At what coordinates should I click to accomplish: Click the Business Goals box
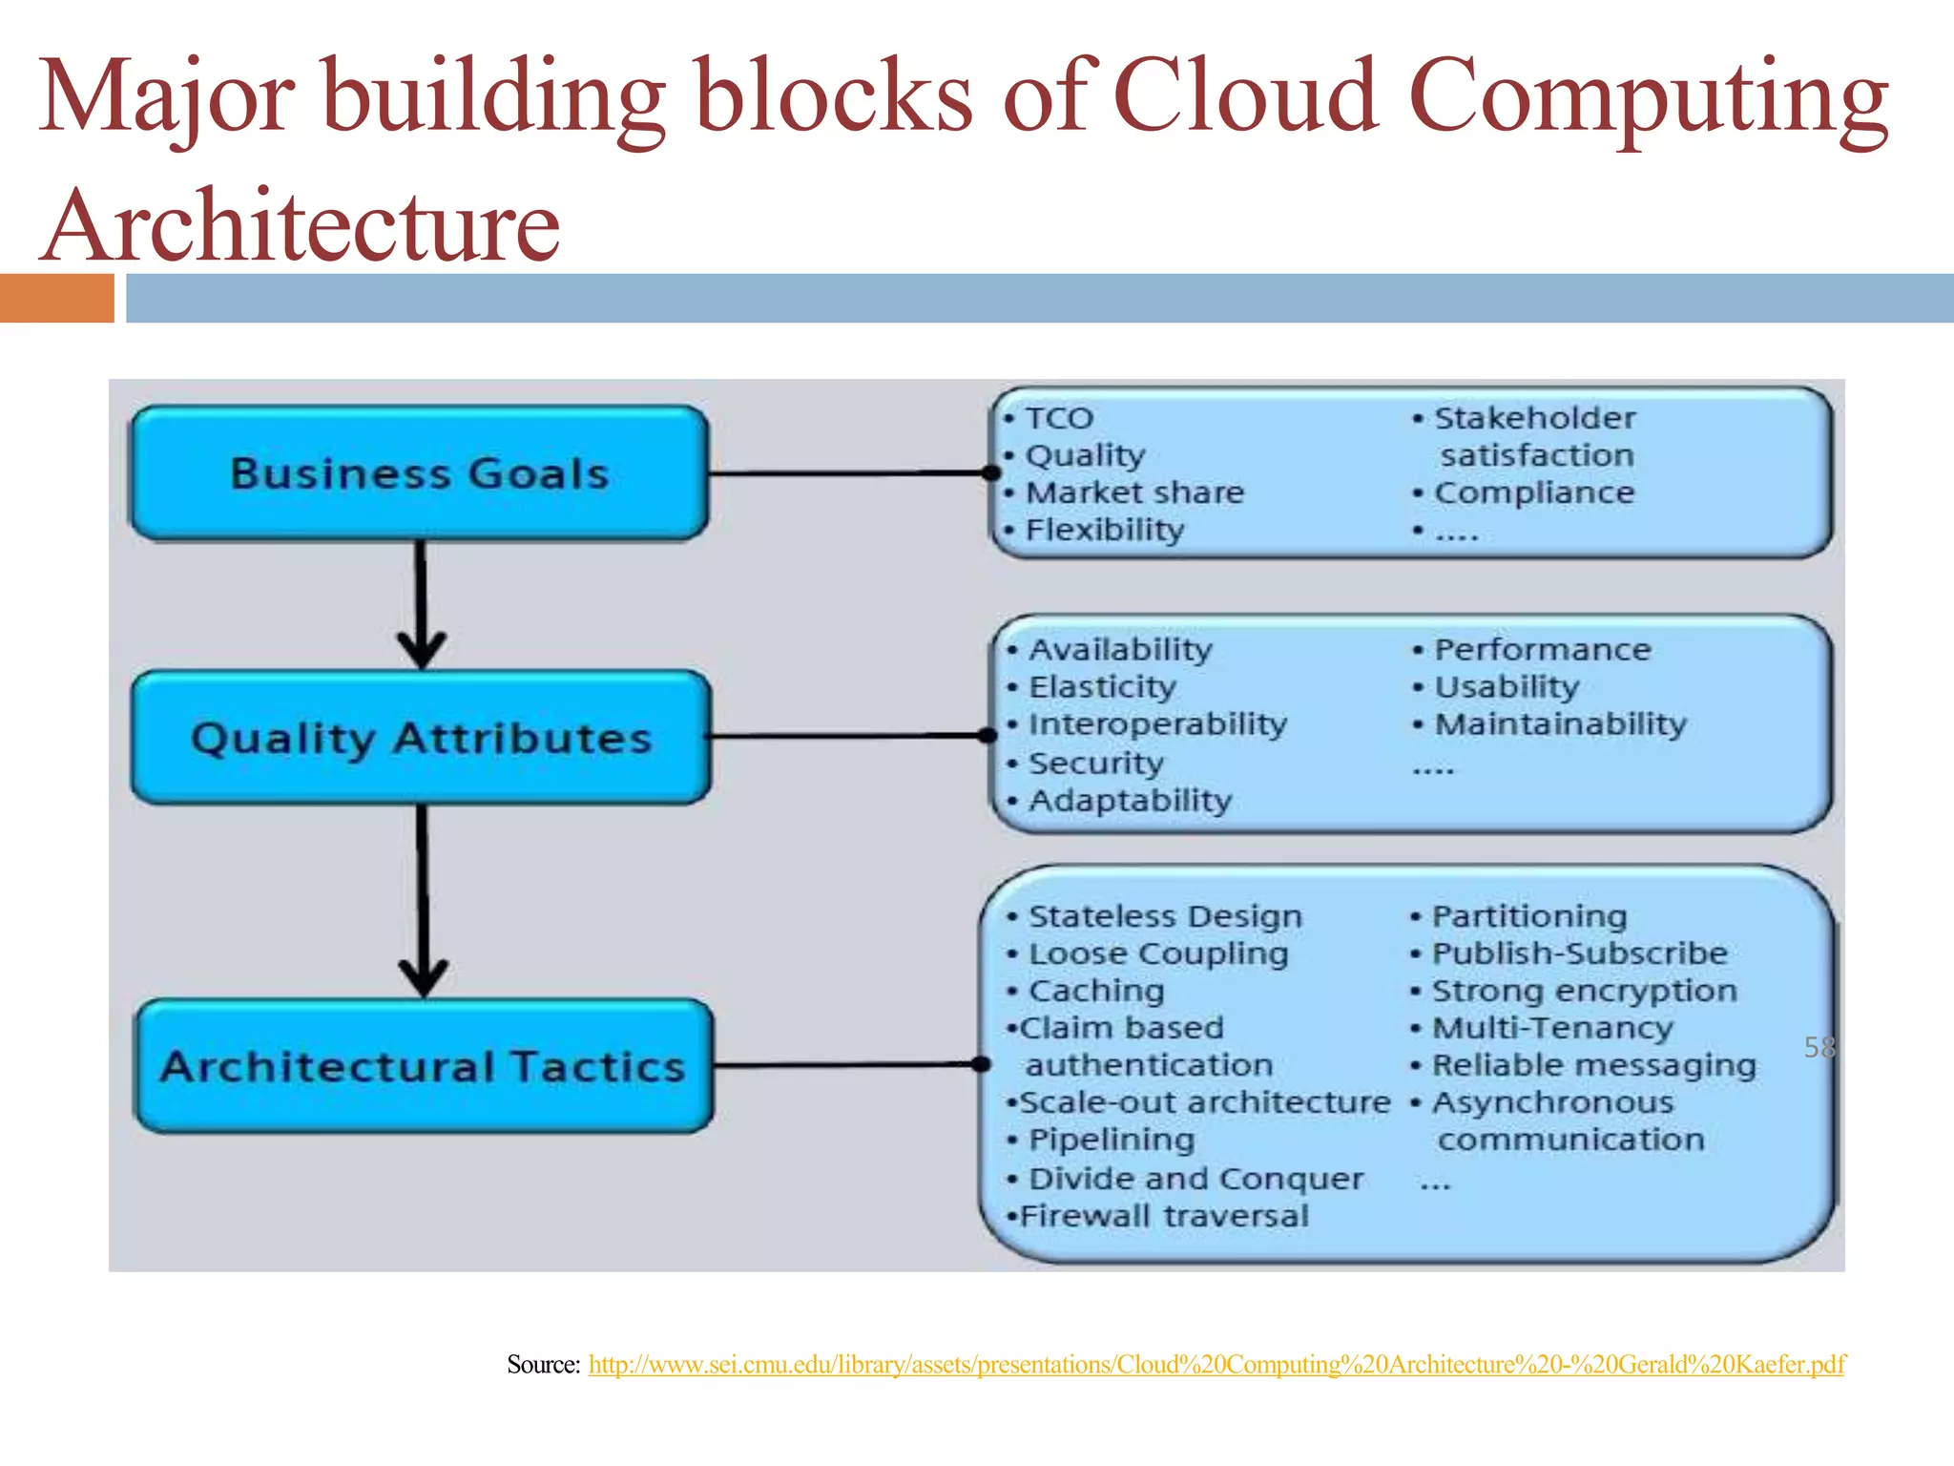pyautogui.click(x=419, y=473)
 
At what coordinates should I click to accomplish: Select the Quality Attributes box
pyautogui.click(x=421, y=738)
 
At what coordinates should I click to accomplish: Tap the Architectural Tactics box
pyautogui.click(x=424, y=1066)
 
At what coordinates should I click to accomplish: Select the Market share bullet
pyautogui.click(x=1134, y=492)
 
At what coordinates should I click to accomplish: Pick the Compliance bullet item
pyautogui.click(x=1534, y=492)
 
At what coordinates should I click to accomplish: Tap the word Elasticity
pyautogui.click(x=1102, y=687)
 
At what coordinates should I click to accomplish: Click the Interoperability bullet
pyautogui.click(x=1157, y=724)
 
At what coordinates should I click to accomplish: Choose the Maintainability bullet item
pyautogui.click(x=1560, y=724)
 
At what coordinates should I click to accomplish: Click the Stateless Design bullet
pyautogui.click(x=1165, y=916)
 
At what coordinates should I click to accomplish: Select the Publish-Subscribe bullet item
pyautogui.click(x=1579, y=953)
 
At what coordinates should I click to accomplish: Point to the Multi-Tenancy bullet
pyautogui.click(x=1552, y=1028)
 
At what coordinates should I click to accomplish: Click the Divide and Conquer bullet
pyautogui.click(x=1195, y=1179)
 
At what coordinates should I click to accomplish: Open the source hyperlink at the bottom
pyautogui.click(x=1216, y=1365)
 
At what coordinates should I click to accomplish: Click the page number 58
pyautogui.click(x=1819, y=1047)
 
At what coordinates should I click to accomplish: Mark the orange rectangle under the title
pyautogui.click(x=56, y=298)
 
